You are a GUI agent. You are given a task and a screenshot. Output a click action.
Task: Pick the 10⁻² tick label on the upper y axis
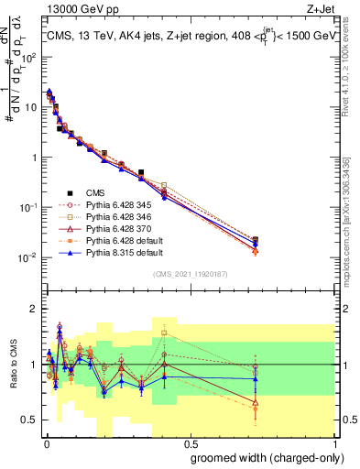pos(29,256)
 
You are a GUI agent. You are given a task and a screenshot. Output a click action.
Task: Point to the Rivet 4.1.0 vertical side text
pos(352,64)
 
